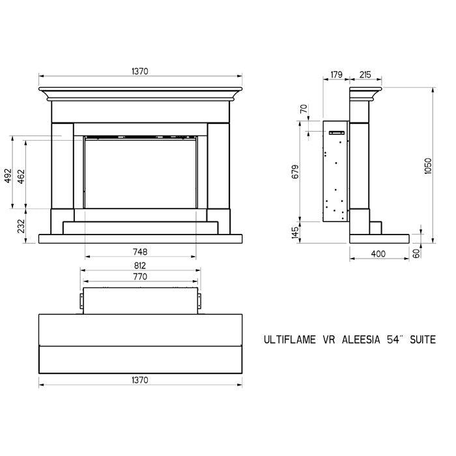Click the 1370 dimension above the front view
point(140,71)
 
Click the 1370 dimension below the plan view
point(140,380)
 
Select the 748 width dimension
point(140,251)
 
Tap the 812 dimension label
point(140,266)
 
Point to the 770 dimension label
point(140,277)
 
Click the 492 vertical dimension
point(8,176)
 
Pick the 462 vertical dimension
point(21,177)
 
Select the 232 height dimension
point(21,226)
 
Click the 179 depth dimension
point(337,75)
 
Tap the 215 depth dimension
point(365,75)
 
